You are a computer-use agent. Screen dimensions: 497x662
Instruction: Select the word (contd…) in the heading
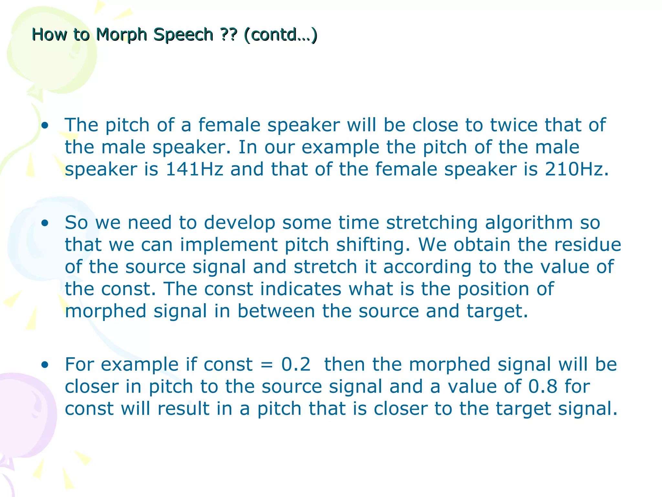coord(281,35)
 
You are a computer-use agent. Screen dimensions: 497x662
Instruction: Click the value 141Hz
coord(194,169)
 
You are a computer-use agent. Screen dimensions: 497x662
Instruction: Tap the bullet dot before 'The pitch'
coord(45,125)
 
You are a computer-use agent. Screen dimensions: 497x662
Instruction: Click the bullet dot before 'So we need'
coord(45,223)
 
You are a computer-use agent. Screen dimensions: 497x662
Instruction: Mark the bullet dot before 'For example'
coord(45,365)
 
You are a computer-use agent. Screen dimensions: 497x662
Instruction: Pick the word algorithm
coord(529,223)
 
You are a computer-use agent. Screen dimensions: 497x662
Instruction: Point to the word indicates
coord(301,289)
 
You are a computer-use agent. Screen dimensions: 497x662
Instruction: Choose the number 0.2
coord(296,364)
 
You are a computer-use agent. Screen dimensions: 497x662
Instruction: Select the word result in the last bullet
coord(183,408)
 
